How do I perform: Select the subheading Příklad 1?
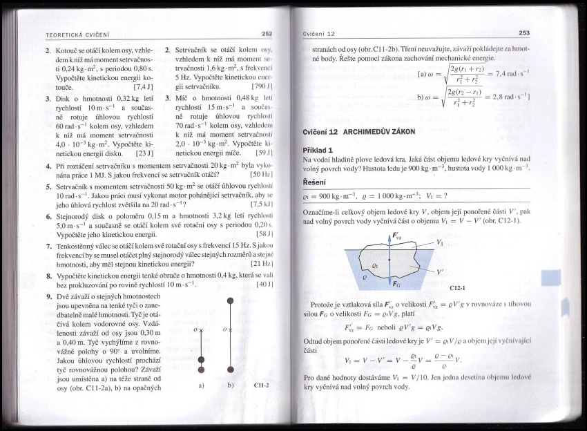pos(318,150)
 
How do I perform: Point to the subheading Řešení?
pos(315,182)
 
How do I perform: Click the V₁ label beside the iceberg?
pos(440,242)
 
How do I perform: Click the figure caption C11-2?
pos(261,385)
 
